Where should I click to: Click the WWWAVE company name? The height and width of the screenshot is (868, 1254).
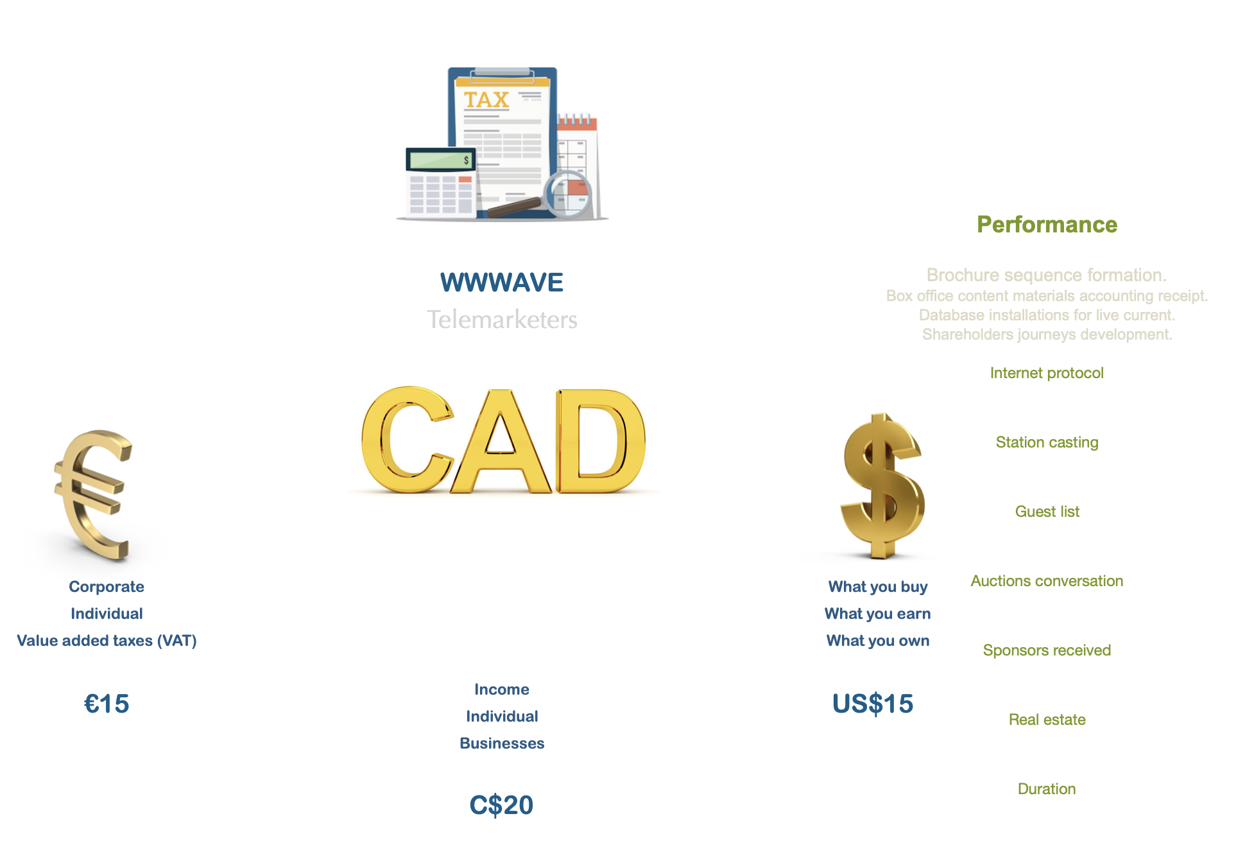coord(502,282)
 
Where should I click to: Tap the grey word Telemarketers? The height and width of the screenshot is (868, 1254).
coord(502,319)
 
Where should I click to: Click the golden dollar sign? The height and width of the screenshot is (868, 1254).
coord(883,485)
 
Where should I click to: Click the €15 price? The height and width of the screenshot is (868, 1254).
coord(107,704)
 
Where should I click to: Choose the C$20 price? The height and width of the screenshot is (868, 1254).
coord(501,805)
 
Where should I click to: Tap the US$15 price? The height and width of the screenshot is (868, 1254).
coord(873,704)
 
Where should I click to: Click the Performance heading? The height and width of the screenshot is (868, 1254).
coord(1047,225)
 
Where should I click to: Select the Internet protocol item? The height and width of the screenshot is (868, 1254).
coord(1047,373)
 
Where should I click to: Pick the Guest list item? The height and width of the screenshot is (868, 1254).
coord(1047,512)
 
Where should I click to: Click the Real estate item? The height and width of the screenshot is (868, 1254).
coord(1047,720)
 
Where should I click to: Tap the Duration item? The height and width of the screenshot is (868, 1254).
coord(1047,789)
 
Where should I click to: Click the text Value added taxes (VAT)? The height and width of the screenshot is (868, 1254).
coord(107,641)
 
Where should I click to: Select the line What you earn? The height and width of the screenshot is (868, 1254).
coord(877,614)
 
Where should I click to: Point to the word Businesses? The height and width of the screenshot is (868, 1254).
coord(502,743)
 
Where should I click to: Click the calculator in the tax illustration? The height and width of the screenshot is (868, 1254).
coord(441,182)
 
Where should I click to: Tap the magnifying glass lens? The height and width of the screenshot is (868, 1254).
coord(567,194)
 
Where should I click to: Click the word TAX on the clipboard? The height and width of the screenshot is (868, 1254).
coord(486,100)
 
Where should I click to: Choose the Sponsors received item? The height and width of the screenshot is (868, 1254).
coord(1047,650)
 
